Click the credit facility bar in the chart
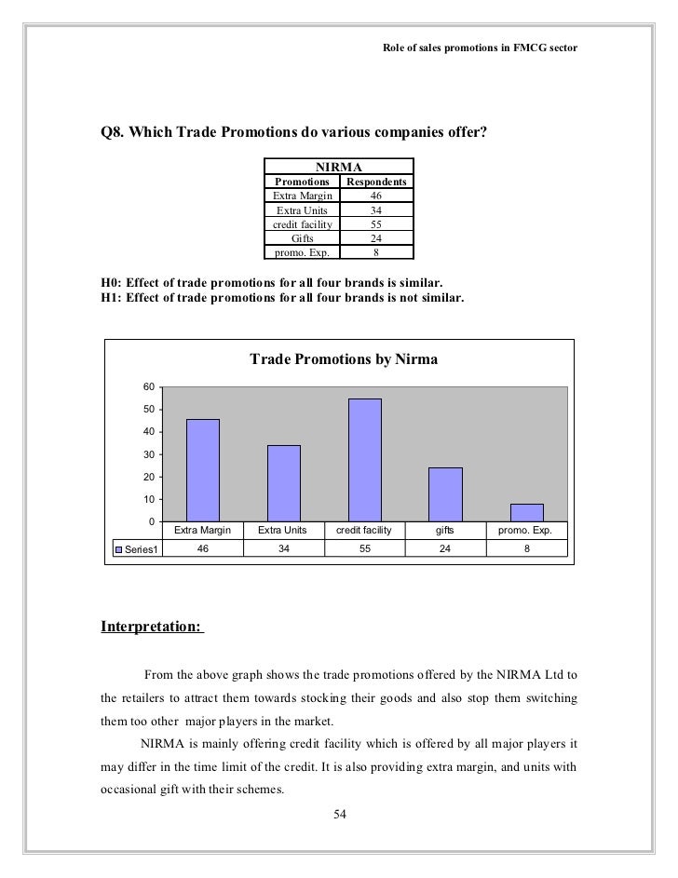364,460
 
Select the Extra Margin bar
202,470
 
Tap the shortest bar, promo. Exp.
526,512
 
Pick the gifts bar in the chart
445,494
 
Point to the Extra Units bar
283,483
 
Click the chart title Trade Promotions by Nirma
344,359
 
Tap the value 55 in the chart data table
364,547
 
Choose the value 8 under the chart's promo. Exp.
526,547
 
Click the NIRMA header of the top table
339,168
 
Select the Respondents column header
376,182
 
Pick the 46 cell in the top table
376,196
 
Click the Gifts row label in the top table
303,237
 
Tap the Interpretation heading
150,626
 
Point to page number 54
340,816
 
